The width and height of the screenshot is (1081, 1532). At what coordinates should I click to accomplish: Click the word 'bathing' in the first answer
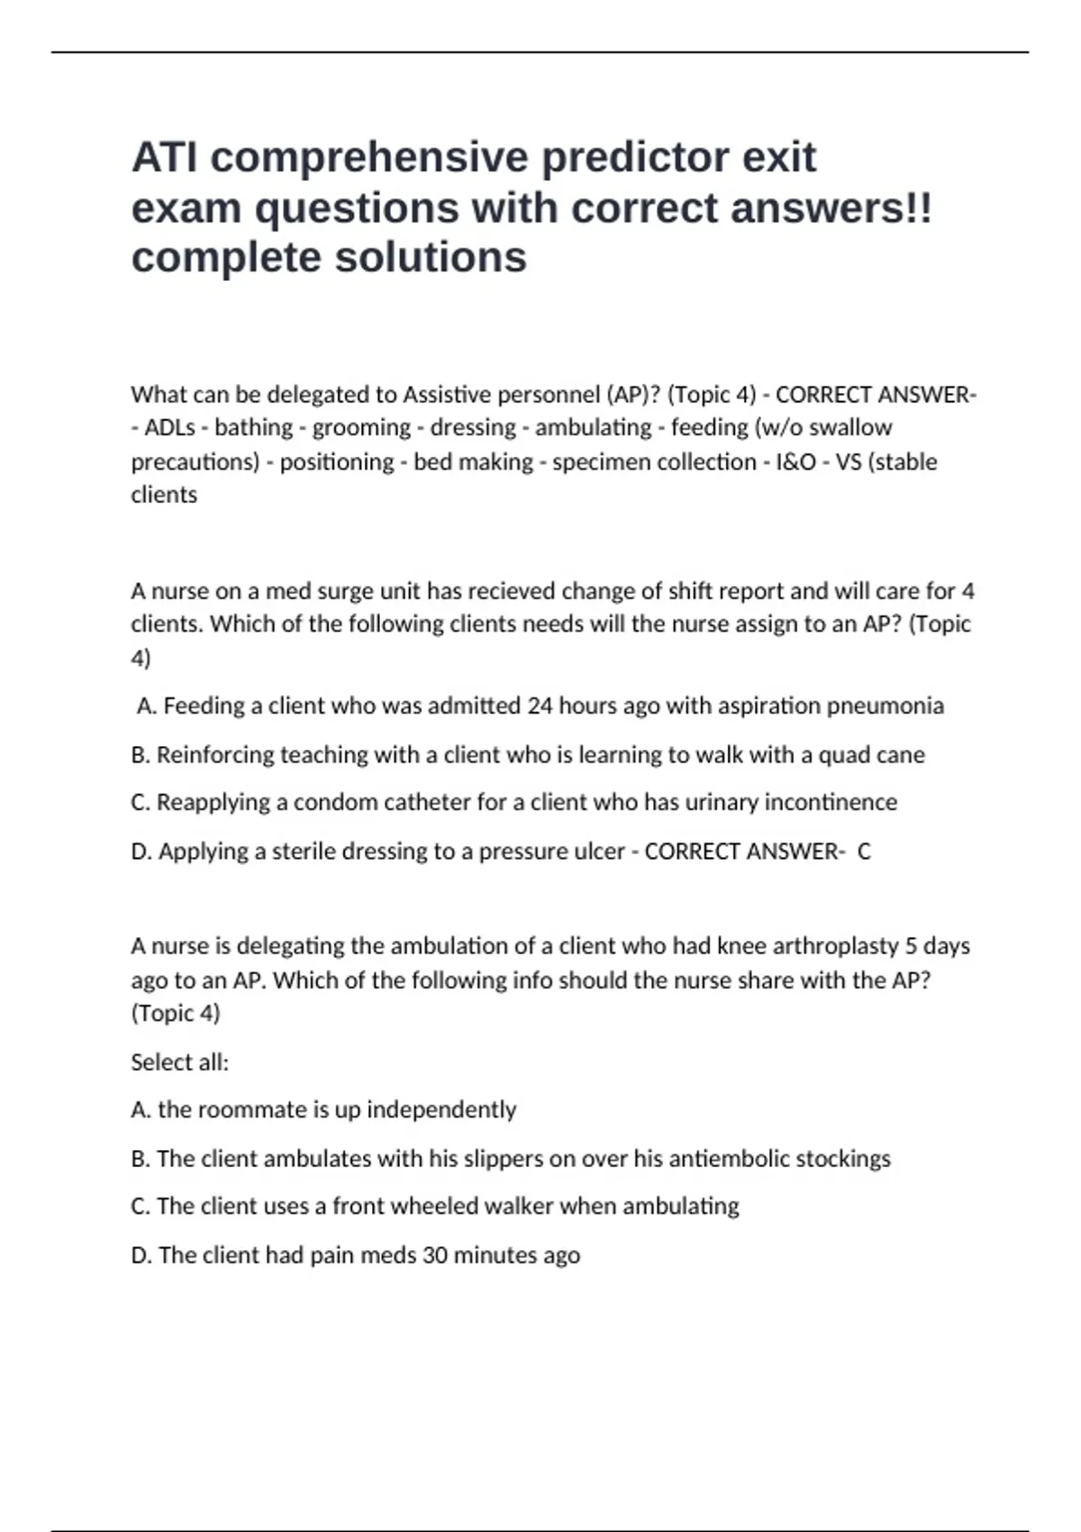pos(253,427)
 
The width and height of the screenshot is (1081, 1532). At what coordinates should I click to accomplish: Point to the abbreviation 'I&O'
pos(795,461)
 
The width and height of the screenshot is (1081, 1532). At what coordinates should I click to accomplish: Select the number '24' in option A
pos(540,706)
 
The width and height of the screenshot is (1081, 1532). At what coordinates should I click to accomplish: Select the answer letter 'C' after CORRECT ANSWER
pos(864,852)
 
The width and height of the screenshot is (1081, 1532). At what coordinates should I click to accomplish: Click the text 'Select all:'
pos(179,1062)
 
